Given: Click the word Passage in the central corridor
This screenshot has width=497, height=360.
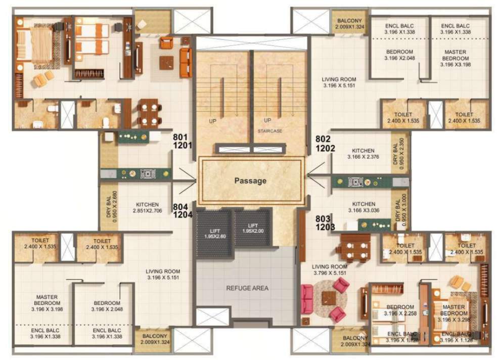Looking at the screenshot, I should tap(250, 181).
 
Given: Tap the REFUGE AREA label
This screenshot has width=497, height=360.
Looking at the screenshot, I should tap(247, 288).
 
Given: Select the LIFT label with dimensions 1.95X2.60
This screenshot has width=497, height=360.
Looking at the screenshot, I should tap(214, 228).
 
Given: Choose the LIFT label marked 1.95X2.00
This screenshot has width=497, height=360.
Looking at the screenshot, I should tap(253, 228).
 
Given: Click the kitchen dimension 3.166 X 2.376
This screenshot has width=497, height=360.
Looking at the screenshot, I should tap(363, 157).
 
